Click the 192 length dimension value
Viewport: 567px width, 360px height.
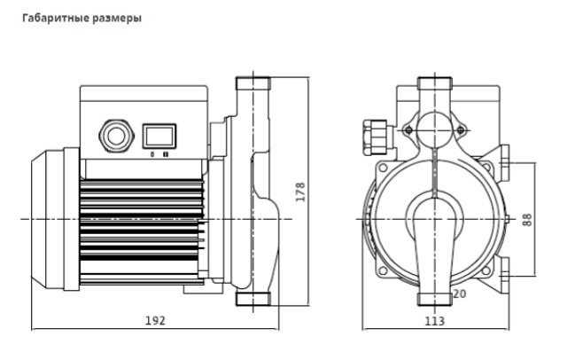click(155, 320)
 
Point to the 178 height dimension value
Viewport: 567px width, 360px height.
click(300, 192)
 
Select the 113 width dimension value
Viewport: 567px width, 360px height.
click(435, 321)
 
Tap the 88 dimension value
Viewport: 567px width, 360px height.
click(527, 220)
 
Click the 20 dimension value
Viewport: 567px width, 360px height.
click(459, 294)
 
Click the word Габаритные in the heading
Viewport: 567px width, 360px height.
click(56, 18)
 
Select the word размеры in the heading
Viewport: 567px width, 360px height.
click(117, 19)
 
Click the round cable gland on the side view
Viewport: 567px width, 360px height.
click(116, 136)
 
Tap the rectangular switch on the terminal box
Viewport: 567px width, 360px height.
click(159, 136)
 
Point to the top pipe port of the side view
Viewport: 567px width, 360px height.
click(253, 83)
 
